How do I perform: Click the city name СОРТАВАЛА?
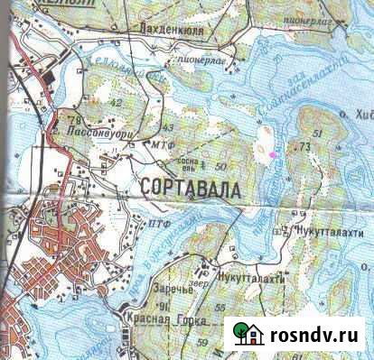192,189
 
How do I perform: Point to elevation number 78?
72,119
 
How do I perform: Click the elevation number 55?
220,308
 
